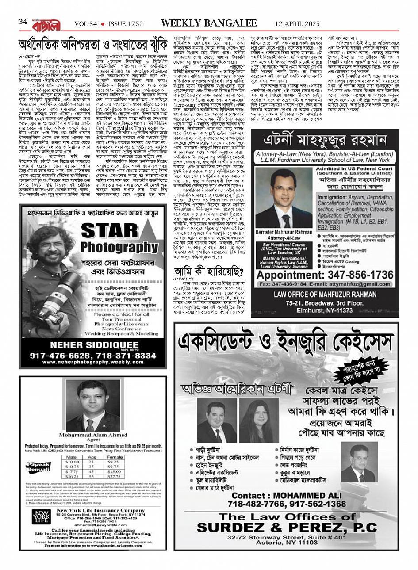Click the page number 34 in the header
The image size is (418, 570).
[x=23, y=22]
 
